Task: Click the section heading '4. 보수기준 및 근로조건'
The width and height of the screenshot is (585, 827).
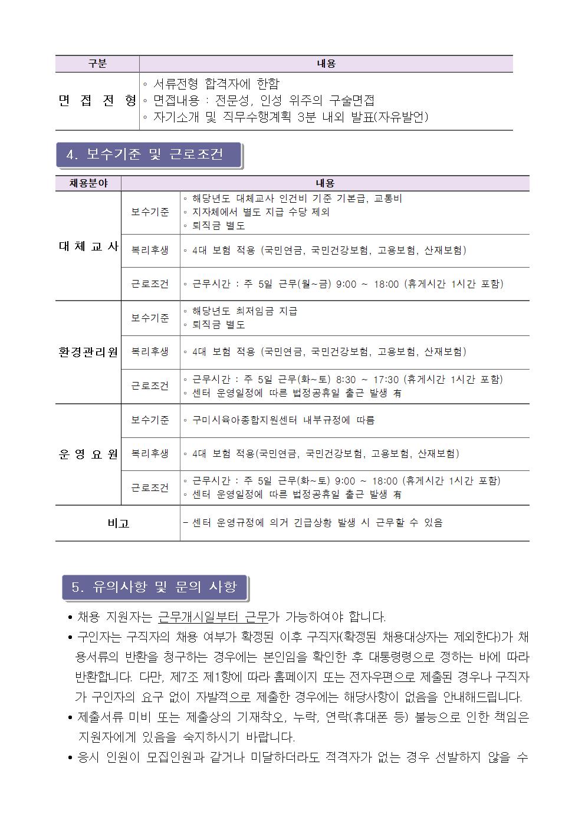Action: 145,155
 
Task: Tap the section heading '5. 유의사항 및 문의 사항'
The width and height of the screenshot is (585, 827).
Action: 155,587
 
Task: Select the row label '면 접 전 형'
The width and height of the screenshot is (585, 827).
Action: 97,101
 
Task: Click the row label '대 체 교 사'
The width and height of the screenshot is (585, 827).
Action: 88,246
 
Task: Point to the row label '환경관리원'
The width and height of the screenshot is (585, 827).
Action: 88,352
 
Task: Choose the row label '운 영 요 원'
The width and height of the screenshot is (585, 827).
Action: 88,454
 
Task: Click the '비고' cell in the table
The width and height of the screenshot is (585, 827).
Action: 118,523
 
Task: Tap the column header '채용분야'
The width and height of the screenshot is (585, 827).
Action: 88,183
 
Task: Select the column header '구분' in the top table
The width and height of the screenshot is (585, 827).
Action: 97,64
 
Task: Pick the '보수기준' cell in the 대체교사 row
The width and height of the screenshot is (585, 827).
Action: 150,212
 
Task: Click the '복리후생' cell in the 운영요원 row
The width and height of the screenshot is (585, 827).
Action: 150,454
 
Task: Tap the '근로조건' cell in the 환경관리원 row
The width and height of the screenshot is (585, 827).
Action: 150,386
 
